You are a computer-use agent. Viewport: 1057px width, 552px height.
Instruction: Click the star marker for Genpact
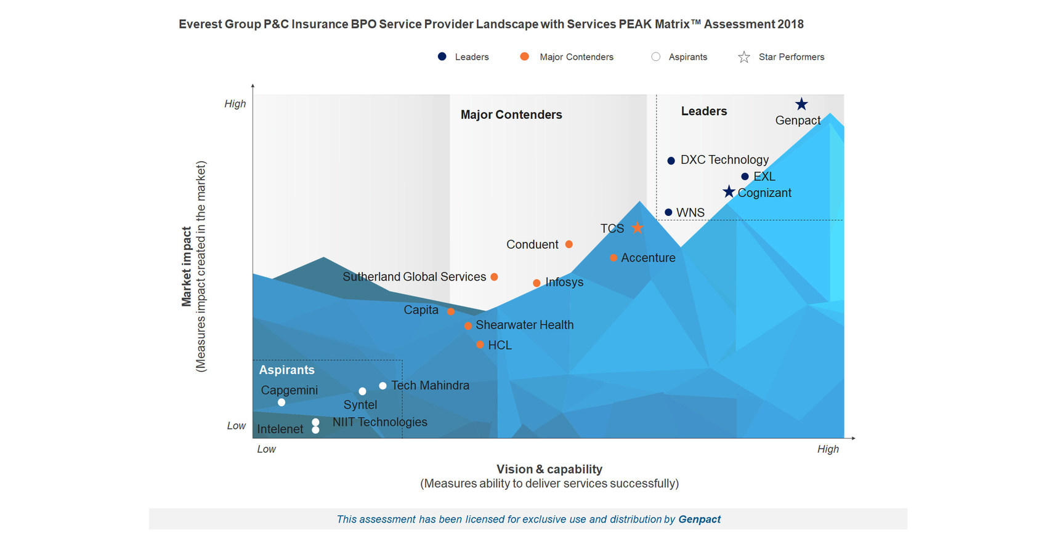[x=801, y=104]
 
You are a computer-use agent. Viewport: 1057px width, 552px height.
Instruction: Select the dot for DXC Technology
[x=671, y=161]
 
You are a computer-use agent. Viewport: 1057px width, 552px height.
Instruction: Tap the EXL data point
[x=745, y=177]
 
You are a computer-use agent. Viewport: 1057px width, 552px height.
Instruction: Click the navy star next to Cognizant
[x=729, y=192]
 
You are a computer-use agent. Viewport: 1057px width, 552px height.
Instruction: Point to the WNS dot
[x=668, y=212]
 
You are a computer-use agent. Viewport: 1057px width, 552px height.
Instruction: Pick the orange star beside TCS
[x=638, y=228]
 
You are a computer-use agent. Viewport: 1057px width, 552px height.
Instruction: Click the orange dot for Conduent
[x=569, y=244]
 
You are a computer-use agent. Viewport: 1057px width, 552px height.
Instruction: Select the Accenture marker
[x=614, y=258]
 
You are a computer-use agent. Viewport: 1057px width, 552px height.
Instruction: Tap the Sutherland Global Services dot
[x=494, y=277]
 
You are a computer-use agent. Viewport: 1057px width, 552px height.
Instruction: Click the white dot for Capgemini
[x=281, y=402]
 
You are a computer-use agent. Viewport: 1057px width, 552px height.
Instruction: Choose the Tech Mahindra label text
[x=430, y=385]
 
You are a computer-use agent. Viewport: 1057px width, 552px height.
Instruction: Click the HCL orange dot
[x=480, y=345]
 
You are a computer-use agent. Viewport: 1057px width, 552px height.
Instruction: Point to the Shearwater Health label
[x=524, y=325]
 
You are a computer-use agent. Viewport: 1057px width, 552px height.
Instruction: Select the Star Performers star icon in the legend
[x=744, y=57]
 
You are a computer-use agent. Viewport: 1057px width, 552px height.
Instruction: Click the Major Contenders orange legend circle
[x=524, y=57]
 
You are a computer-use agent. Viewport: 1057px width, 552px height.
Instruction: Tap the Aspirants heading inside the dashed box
[x=286, y=370]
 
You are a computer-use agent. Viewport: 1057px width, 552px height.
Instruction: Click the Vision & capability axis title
[x=549, y=469]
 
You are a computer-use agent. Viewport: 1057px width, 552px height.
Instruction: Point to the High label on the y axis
[x=235, y=104]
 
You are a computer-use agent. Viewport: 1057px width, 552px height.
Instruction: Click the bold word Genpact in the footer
[x=699, y=519]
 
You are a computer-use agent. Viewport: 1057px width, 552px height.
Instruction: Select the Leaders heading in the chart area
[x=703, y=111]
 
